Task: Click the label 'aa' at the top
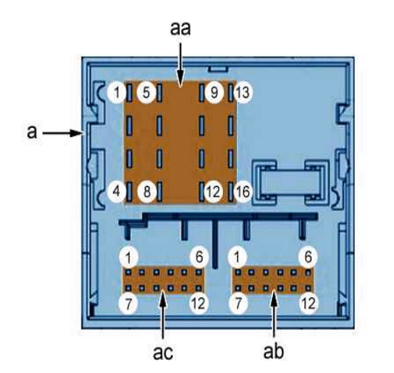(x=180, y=29)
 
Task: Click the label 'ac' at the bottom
(x=162, y=352)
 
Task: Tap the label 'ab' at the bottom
(x=273, y=351)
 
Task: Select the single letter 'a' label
(x=32, y=132)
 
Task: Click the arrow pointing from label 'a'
(x=63, y=133)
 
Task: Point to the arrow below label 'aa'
(x=181, y=65)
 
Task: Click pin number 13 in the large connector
(x=242, y=92)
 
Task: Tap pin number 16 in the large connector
(x=242, y=192)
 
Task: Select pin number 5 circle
(x=147, y=92)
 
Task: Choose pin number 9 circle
(x=214, y=92)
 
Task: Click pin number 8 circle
(x=147, y=192)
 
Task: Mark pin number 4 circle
(x=117, y=192)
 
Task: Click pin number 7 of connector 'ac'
(x=128, y=304)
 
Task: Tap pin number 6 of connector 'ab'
(x=308, y=257)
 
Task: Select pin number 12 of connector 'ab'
(x=308, y=304)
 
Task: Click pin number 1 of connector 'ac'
(x=128, y=258)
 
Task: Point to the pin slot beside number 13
(x=231, y=92)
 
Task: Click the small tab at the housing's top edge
(x=218, y=69)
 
